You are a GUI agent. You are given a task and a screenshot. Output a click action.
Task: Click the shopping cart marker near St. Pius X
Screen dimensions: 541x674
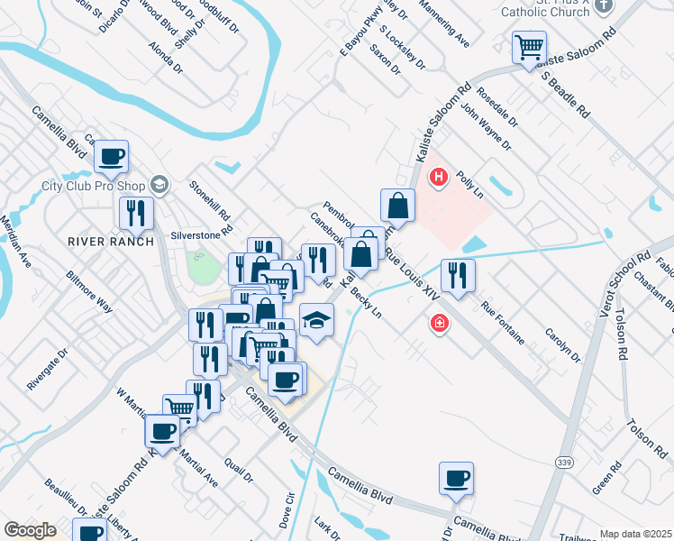click(x=529, y=47)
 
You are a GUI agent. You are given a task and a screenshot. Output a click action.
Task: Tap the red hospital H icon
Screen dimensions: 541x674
click(x=439, y=178)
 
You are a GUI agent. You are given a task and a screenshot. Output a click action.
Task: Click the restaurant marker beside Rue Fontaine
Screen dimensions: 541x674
click(x=458, y=275)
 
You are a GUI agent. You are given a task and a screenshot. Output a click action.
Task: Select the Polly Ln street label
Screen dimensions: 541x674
click(x=470, y=184)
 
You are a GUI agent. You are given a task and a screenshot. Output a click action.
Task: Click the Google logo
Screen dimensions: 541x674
click(x=30, y=530)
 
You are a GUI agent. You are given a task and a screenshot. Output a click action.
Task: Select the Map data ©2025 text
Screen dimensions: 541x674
click(x=635, y=534)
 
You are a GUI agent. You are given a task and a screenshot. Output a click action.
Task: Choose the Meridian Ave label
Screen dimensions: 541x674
click(x=16, y=242)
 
